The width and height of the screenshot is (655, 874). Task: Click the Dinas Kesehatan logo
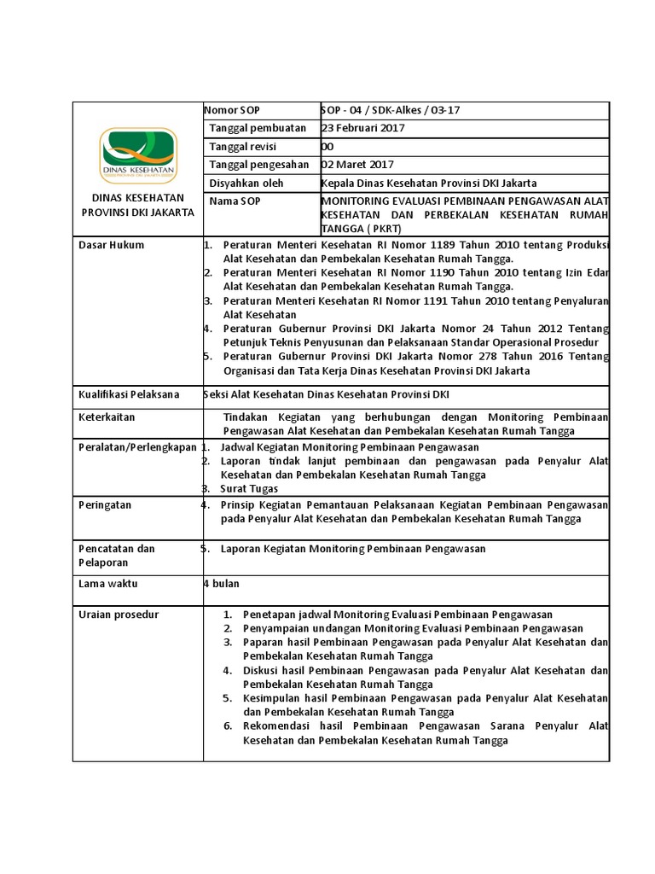(x=138, y=156)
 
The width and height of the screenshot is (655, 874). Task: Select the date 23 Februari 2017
(x=362, y=128)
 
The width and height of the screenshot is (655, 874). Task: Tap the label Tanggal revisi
(x=245, y=146)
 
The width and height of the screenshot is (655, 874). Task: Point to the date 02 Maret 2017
(x=357, y=165)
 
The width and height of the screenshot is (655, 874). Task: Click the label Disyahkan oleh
(x=246, y=184)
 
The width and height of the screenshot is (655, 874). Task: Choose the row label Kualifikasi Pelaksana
(x=129, y=393)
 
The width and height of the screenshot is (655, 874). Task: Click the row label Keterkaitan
(x=107, y=417)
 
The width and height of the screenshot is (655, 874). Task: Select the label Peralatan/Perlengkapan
(x=137, y=447)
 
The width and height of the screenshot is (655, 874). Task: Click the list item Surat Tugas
(x=249, y=489)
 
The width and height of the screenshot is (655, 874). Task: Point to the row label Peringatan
(x=105, y=504)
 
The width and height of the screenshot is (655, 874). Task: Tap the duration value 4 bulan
(x=221, y=584)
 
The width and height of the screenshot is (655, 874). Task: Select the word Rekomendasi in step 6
(x=277, y=726)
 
